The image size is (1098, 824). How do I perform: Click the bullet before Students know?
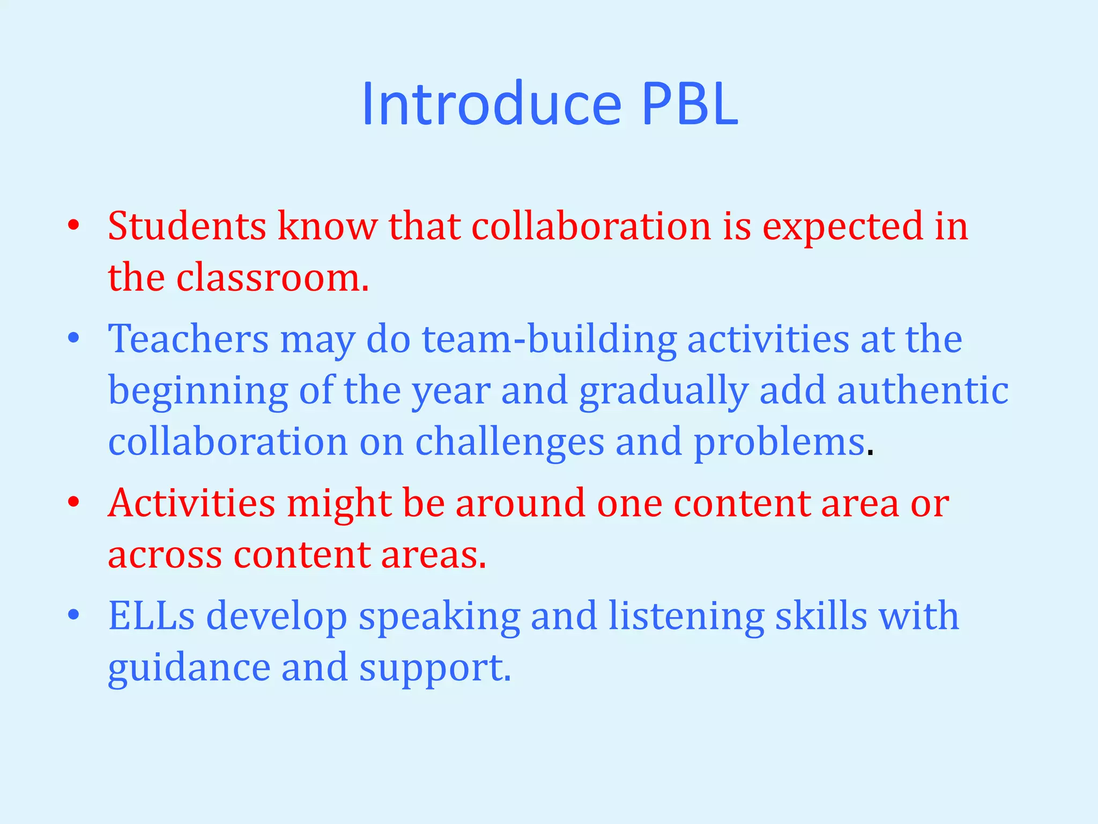pos(74,225)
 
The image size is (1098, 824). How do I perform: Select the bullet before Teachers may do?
pos(74,339)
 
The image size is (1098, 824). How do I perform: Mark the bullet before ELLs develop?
pos(74,615)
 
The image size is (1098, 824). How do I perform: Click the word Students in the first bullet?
pos(187,226)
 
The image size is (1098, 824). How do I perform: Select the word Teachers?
pos(188,339)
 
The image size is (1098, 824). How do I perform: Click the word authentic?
pos(923,391)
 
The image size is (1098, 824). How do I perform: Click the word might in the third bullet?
pos(339,504)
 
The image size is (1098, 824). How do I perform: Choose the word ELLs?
pos(152,616)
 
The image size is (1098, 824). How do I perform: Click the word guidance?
pos(189,668)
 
